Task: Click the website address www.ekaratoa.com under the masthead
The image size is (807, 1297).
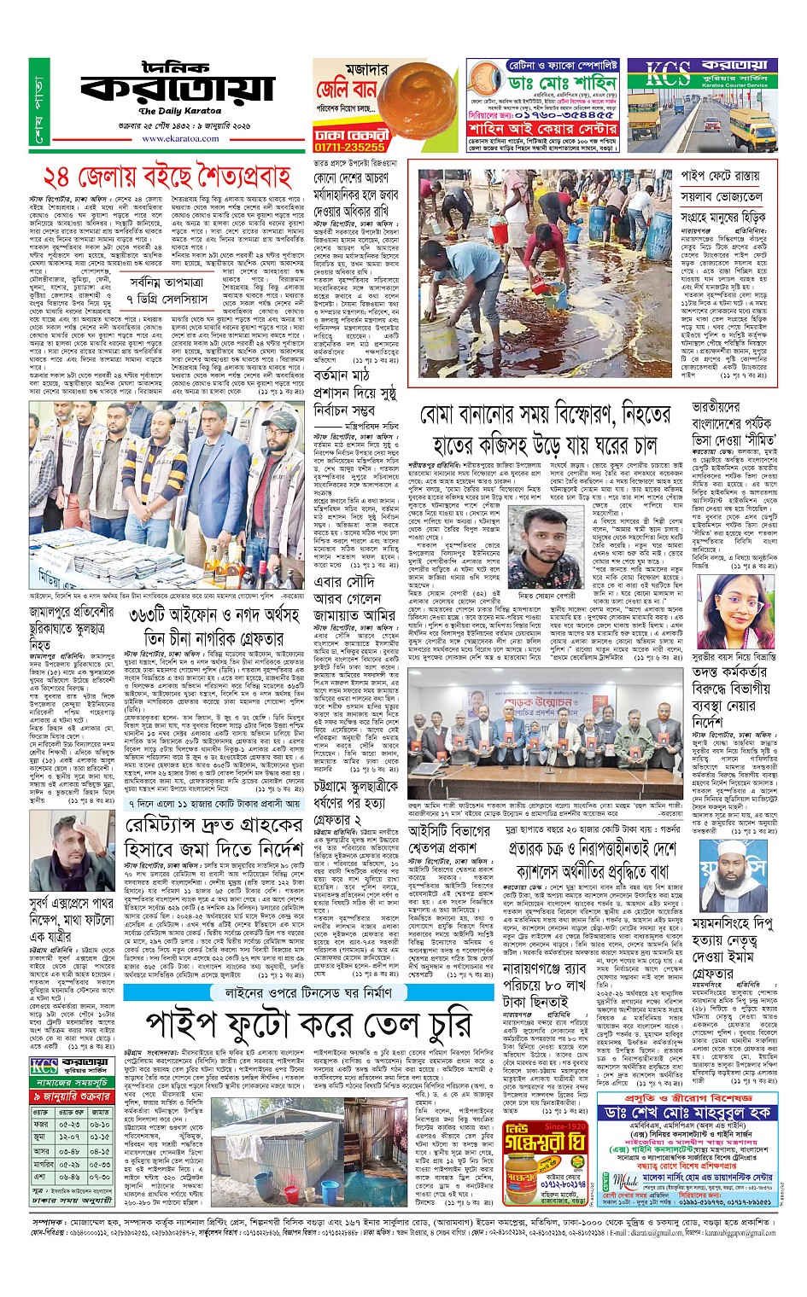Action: pos(181,137)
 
